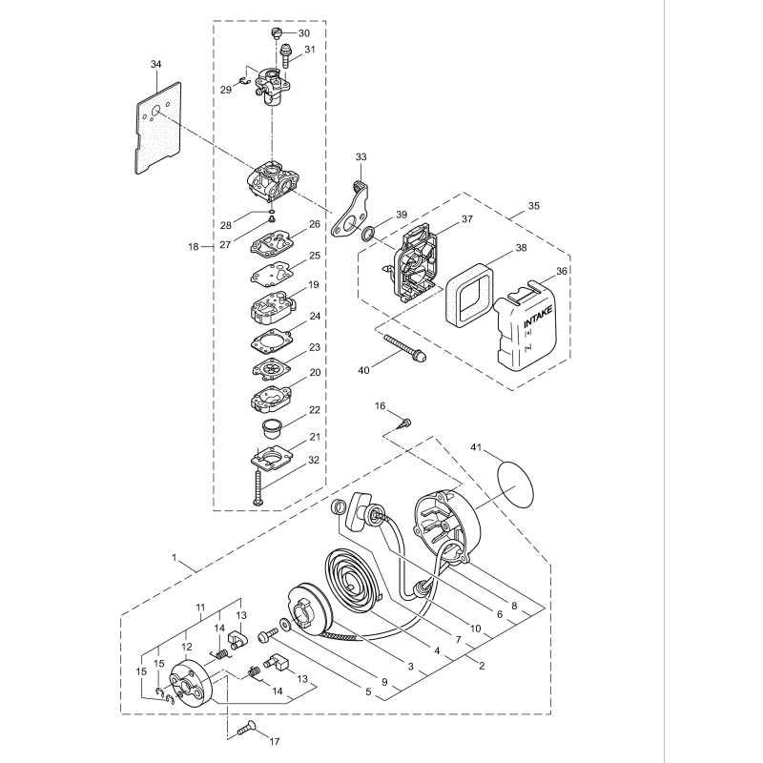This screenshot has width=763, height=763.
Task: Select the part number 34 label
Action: click(x=156, y=64)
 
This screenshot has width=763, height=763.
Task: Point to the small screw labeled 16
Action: click(x=405, y=422)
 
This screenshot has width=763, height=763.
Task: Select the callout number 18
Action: click(x=195, y=246)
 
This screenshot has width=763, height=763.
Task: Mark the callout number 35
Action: click(x=533, y=206)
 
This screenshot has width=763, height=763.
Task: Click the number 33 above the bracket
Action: click(x=361, y=156)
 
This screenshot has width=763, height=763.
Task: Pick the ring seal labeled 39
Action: click(x=366, y=233)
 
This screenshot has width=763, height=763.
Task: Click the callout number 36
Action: click(x=562, y=271)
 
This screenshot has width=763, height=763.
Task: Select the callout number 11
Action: click(x=201, y=608)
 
